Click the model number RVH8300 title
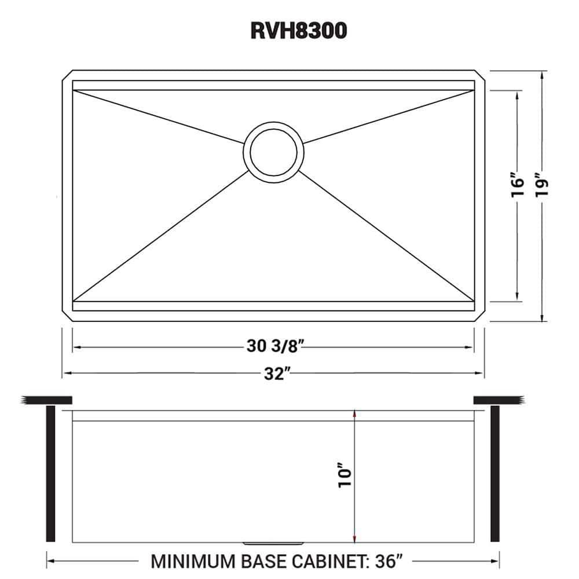point(298,31)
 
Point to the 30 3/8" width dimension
point(274,347)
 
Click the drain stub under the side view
point(273,543)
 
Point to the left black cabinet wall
point(50,474)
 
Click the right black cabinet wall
point(494,474)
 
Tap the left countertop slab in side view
point(46,400)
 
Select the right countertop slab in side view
point(499,400)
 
